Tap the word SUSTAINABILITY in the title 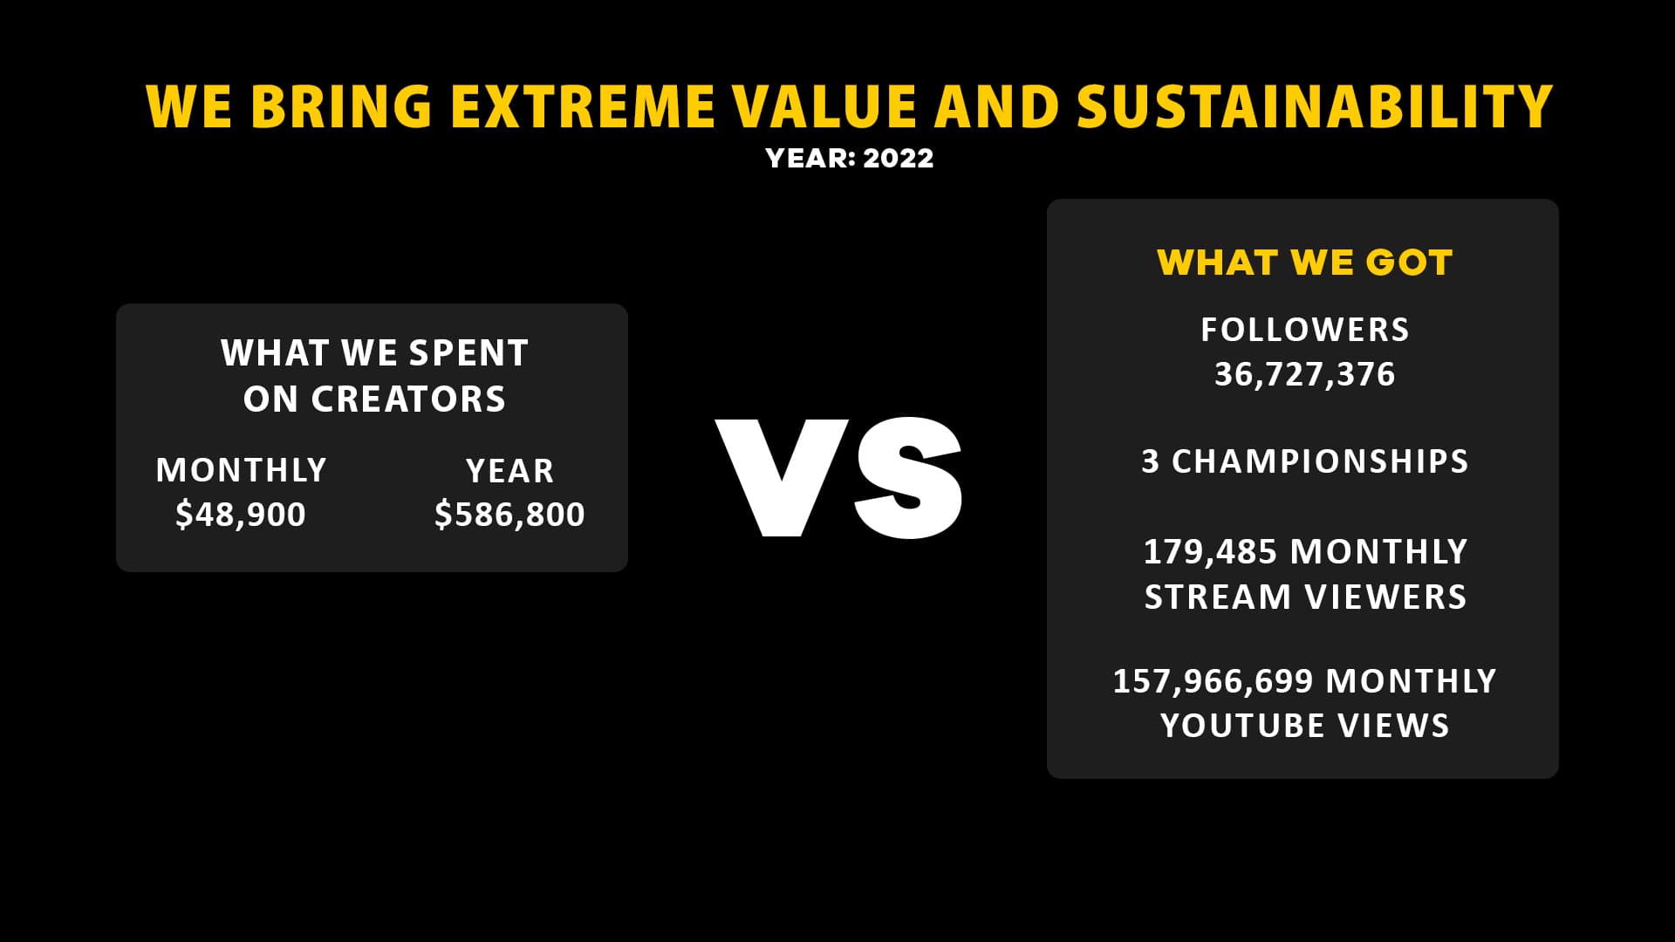(1315, 106)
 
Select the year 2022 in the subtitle (899, 158)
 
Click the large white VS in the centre (839, 477)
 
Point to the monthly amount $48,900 (241, 515)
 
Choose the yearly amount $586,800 (509, 515)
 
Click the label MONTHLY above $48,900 (241, 470)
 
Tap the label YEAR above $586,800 (510, 471)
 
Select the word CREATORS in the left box (408, 399)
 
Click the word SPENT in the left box (468, 353)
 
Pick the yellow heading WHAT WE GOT (1305, 263)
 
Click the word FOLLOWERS (1305, 330)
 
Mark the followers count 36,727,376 (1305, 374)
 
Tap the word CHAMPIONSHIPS (1320, 461)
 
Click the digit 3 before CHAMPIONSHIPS (1151, 461)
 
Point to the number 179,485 (1210, 552)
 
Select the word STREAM (1218, 597)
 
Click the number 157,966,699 (1212, 681)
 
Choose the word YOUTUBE (1243, 726)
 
